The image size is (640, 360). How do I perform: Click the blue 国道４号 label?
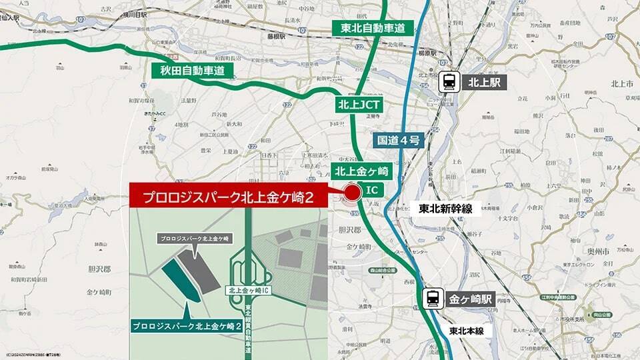pos(397,140)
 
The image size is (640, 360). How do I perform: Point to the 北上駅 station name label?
pos(485,82)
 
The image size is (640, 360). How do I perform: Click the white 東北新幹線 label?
pos(445,209)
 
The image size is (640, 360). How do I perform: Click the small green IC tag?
pos(373,192)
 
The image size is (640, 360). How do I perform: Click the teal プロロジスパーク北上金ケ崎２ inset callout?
pos(186,326)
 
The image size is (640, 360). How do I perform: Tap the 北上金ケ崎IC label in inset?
pos(248,290)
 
